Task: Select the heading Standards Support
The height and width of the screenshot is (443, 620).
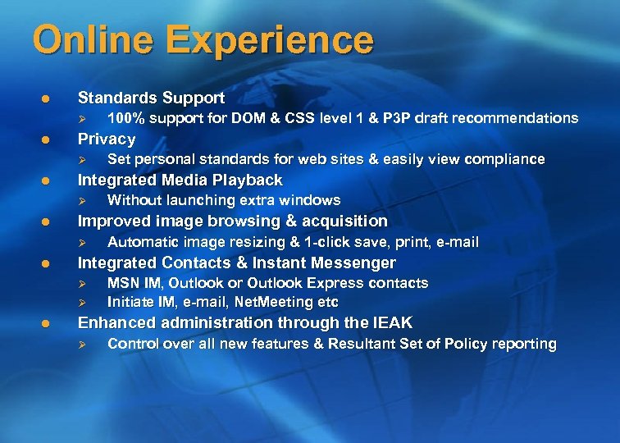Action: pyautogui.click(x=151, y=98)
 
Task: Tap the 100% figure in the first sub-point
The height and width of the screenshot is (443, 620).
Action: pyautogui.click(x=125, y=118)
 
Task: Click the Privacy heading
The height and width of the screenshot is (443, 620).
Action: pyautogui.click(x=106, y=139)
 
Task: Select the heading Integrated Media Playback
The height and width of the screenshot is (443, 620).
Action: pyautogui.click(x=180, y=180)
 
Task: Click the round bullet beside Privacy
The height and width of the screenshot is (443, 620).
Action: pyautogui.click(x=47, y=139)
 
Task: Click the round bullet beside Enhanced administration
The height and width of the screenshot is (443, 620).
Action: pyautogui.click(x=47, y=323)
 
